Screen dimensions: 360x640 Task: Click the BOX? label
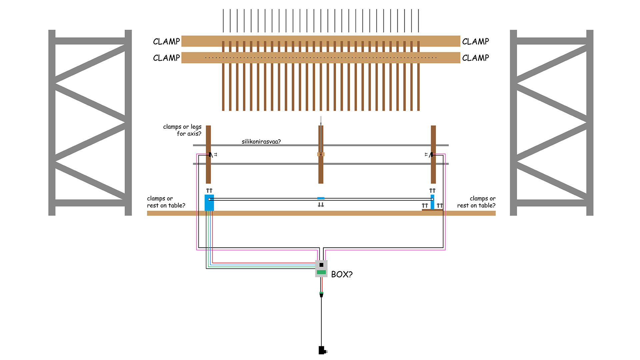tap(342, 274)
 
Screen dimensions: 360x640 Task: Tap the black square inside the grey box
tap(321, 265)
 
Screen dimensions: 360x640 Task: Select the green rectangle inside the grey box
tap(321, 272)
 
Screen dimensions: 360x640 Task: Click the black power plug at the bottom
tap(322, 350)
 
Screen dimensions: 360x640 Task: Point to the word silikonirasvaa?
tap(261, 142)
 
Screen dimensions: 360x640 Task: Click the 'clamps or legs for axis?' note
tap(182, 130)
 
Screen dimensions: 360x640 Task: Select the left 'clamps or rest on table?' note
tap(166, 202)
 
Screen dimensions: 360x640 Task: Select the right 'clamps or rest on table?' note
tap(476, 202)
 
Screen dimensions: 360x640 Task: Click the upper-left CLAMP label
tap(166, 42)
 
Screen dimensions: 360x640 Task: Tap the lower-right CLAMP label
tap(475, 58)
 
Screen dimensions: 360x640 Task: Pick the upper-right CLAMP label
tap(475, 42)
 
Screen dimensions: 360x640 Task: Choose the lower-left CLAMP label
tap(166, 58)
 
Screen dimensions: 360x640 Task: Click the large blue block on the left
tap(209, 203)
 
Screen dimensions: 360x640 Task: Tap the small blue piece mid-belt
tap(321, 198)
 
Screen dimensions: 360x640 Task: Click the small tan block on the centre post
tap(321, 154)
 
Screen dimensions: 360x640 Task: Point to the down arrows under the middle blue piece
tap(321, 205)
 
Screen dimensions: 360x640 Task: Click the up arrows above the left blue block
tap(209, 191)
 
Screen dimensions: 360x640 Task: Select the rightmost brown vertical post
tap(433, 154)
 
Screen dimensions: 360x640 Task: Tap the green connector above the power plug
tap(321, 293)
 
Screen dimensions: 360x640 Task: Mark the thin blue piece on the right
tap(432, 202)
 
